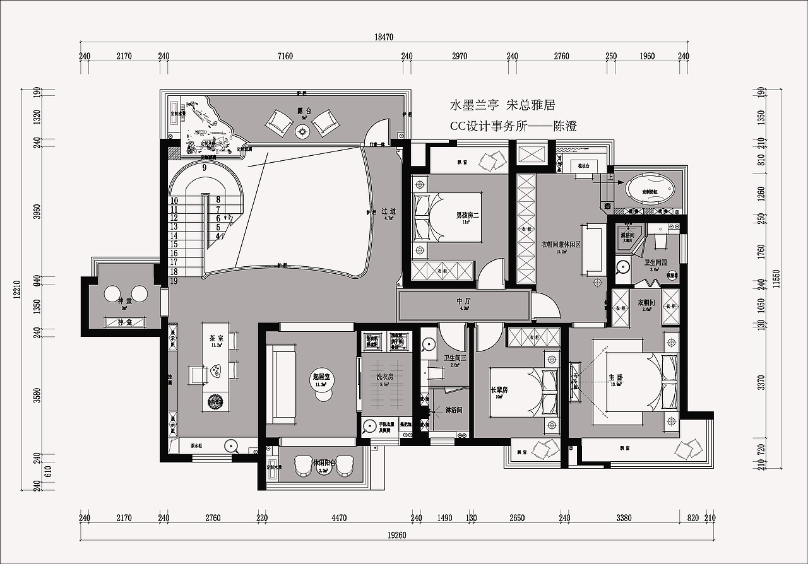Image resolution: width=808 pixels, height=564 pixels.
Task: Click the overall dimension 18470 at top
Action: (x=384, y=37)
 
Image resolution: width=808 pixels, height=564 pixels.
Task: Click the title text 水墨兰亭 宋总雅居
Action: (x=502, y=105)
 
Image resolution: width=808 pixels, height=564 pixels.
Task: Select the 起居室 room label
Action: (x=322, y=377)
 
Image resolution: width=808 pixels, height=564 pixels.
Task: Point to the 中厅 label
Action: (x=464, y=302)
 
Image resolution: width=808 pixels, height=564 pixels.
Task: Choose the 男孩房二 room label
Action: (x=468, y=216)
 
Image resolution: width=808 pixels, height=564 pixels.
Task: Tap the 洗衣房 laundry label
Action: (x=385, y=377)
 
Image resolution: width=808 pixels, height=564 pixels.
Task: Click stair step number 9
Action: (x=205, y=168)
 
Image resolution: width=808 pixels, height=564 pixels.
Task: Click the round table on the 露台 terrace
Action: (x=302, y=131)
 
